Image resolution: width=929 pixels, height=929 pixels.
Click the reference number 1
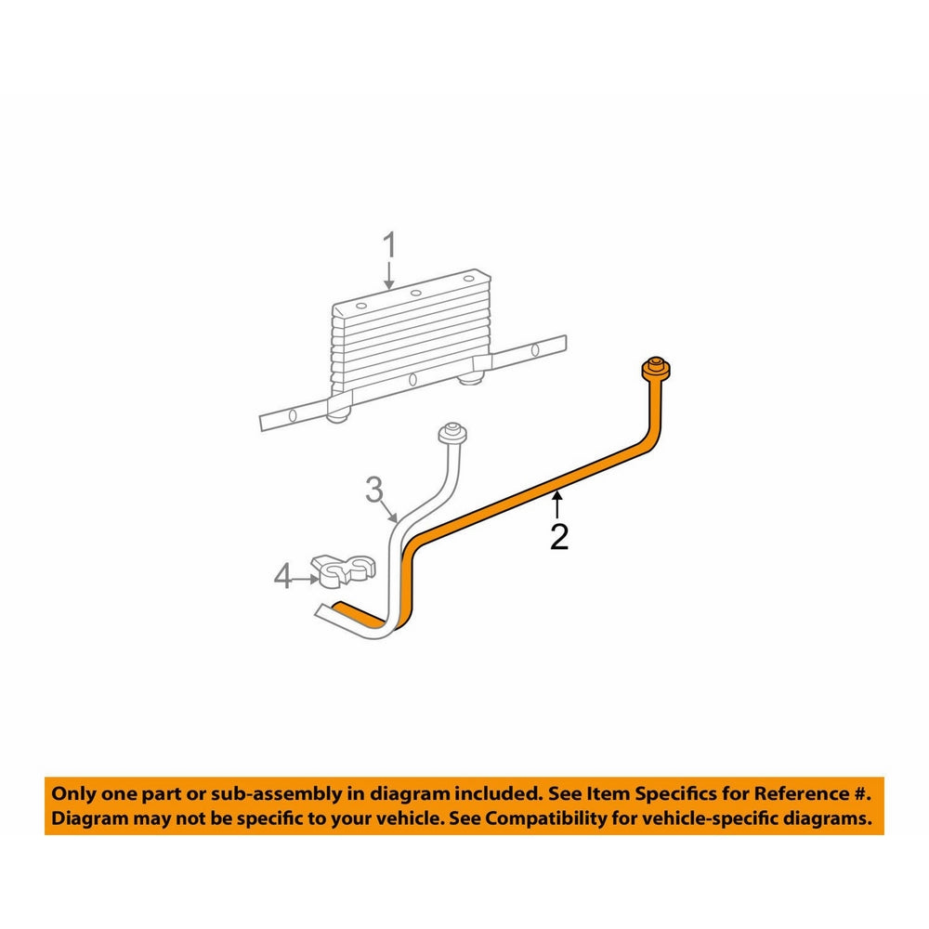point(390,247)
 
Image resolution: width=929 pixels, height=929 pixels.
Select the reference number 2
point(558,536)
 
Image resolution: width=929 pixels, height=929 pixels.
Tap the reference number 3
point(373,489)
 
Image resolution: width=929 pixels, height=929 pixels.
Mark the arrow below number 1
point(390,275)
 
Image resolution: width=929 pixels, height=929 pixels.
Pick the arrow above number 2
point(557,505)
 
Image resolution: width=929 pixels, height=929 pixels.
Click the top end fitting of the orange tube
point(656,368)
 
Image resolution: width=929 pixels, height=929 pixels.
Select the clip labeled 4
point(342,569)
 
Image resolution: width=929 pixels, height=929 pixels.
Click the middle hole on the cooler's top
point(415,294)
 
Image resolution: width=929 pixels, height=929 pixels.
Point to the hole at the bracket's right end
point(535,350)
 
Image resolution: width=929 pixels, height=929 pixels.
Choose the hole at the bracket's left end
point(291,413)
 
